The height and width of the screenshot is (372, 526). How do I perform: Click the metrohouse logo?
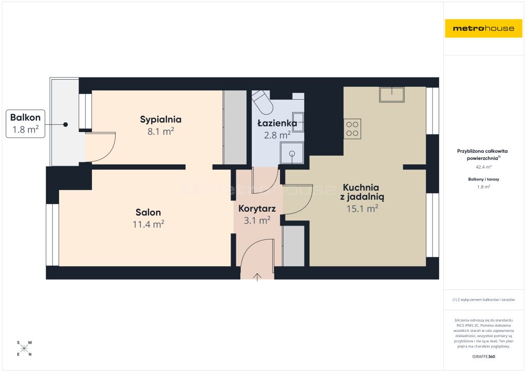coord(483,28)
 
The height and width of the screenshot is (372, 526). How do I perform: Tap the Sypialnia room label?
coord(161,120)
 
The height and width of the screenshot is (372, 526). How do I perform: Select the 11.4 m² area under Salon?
coord(148,224)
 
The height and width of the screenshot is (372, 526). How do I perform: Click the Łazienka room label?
coord(277,123)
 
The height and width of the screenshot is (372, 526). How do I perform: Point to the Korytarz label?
coord(257,209)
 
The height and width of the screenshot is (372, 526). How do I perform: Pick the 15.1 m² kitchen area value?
coord(362,209)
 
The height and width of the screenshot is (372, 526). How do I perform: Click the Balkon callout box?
coord(26,123)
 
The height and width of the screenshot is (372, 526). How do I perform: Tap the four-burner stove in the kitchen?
coord(352,129)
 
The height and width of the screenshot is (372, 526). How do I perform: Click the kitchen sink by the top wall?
coord(392,94)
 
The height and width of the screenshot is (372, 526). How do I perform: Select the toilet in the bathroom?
coord(262,102)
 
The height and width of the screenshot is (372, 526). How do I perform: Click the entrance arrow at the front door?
coord(257,277)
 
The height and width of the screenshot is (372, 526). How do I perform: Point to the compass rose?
coord(24,348)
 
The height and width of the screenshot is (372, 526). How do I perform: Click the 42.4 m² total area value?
coord(484,166)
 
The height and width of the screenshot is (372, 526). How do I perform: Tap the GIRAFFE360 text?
coord(484,357)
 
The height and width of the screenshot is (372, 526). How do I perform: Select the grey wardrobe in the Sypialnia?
coord(235,127)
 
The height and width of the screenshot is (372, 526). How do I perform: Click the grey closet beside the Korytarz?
coord(293,246)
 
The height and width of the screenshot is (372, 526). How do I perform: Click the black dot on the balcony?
coord(65,124)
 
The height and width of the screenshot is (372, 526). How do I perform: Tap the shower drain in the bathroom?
coord(292,154)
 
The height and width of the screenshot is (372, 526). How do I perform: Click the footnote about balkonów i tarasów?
coord(483,300)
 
